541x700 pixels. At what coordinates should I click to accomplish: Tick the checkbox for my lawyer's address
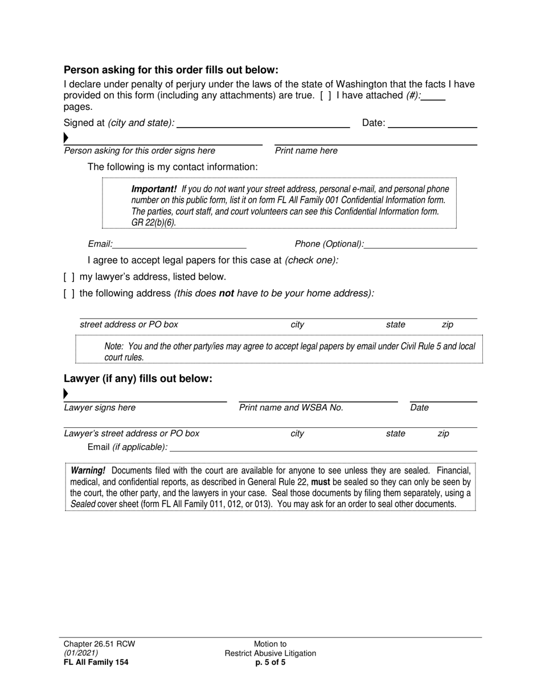68,277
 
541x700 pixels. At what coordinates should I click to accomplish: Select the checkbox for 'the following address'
68,294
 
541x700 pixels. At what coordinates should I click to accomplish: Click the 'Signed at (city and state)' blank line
263,123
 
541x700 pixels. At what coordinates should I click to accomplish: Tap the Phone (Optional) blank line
420,245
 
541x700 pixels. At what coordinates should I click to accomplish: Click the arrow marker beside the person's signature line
66,138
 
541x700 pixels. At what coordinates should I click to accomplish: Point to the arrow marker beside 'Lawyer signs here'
66,393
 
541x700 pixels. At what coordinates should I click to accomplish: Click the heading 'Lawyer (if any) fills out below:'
138,378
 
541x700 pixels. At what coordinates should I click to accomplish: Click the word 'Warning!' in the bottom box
88,471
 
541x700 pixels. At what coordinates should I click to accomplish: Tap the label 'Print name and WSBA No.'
291,407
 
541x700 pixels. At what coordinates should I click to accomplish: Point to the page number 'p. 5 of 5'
270,662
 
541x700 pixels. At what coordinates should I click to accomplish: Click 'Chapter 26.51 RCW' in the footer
99,644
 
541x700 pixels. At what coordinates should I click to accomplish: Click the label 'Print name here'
306,151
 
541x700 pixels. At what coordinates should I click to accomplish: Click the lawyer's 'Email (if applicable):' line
322,447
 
